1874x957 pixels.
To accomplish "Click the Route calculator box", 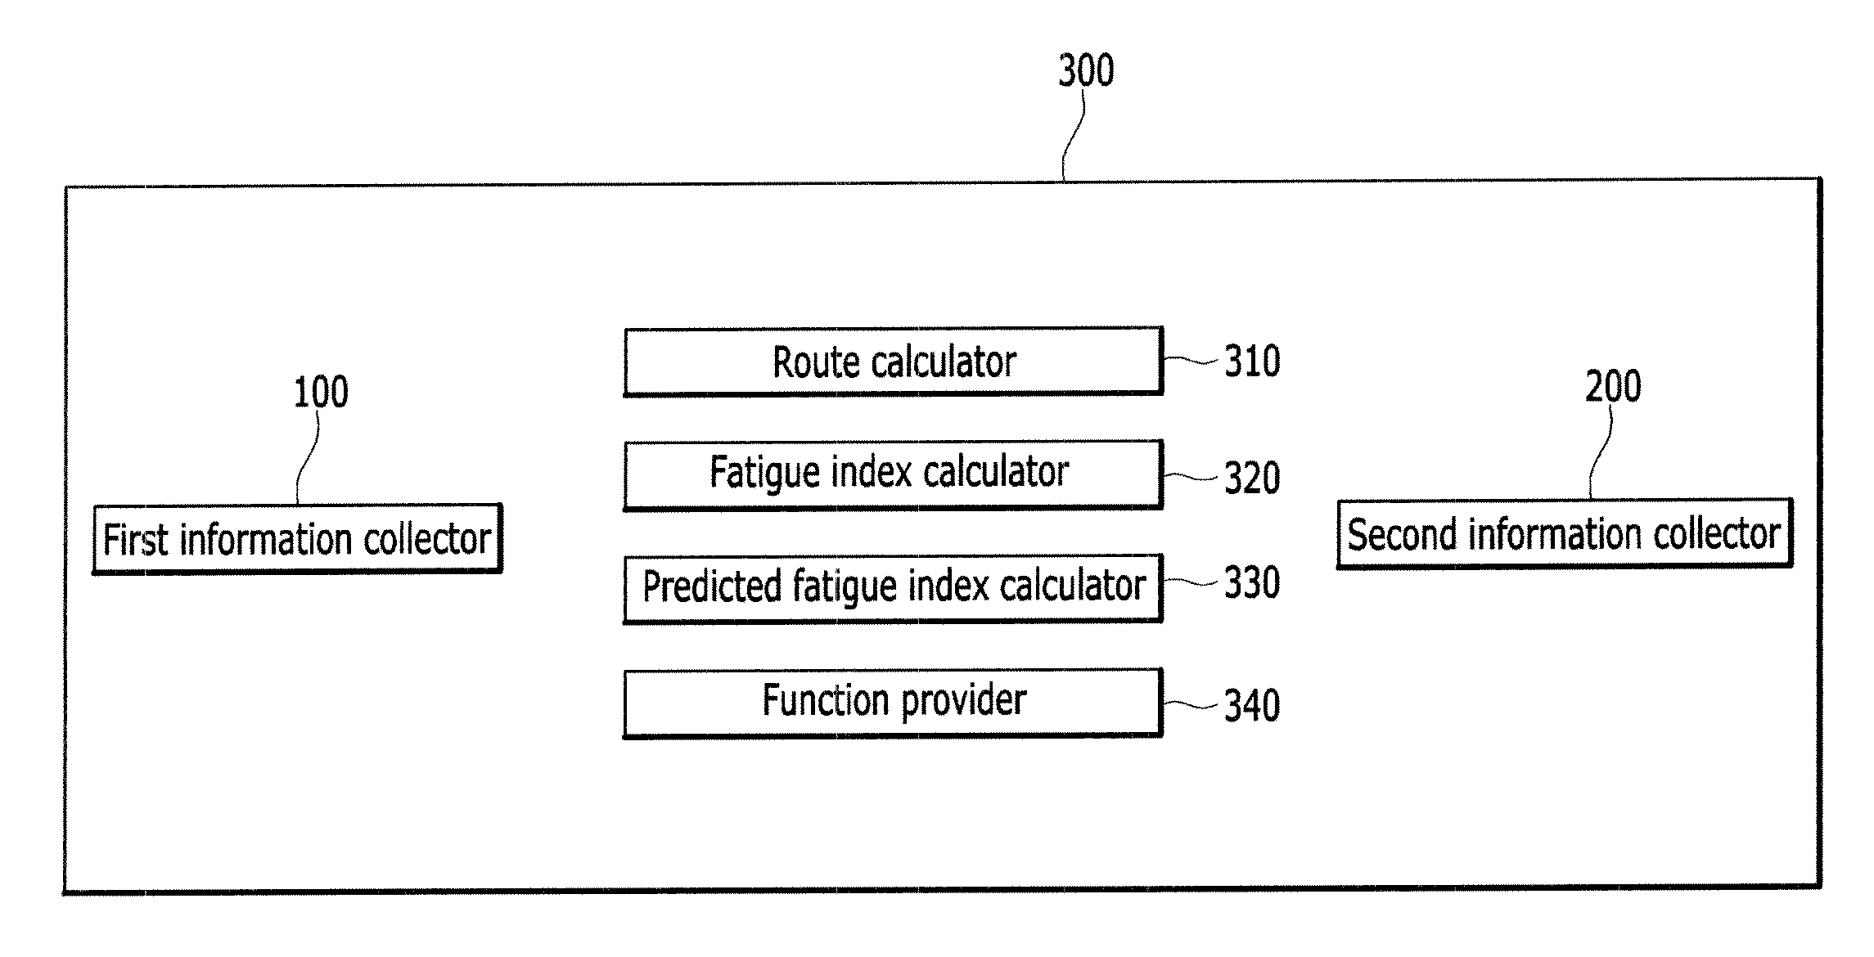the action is click(x=893, y=362).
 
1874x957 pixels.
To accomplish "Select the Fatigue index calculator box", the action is click(x=893, y=475).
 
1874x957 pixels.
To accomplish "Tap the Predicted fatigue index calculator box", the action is click(x=893, y=589).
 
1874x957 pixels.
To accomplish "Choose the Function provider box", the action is click(x=893, y=703).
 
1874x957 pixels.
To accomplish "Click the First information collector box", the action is click(x=297, y=539).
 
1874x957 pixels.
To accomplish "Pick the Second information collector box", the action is click(x=1565, y=533).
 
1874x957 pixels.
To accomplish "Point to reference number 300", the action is click(x=1086, y=70).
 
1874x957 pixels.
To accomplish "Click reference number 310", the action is click(x=1252, y=361).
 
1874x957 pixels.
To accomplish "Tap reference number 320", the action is click(x=1252, y=478).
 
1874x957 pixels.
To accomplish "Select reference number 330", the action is click(x=1252, y=583).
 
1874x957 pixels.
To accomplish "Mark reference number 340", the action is click(x=1252, y=705).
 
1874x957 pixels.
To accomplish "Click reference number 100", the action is click(x=321, y=393).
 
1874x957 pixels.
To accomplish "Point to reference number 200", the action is click(x=1613, y=387).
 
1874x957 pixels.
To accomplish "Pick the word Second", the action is click(x=1403, y=535).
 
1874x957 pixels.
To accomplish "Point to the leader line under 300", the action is click(x=1073, y=134).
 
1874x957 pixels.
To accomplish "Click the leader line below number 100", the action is click(x=308, y=457).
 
